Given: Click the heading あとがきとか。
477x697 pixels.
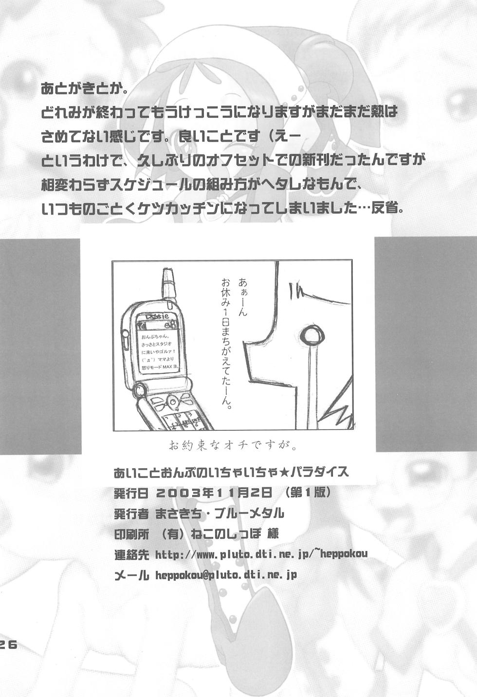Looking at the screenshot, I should pos(92,89).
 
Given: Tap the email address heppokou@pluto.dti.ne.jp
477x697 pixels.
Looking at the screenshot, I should pos(226,575).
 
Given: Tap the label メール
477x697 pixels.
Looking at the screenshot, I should pos(130,575).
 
